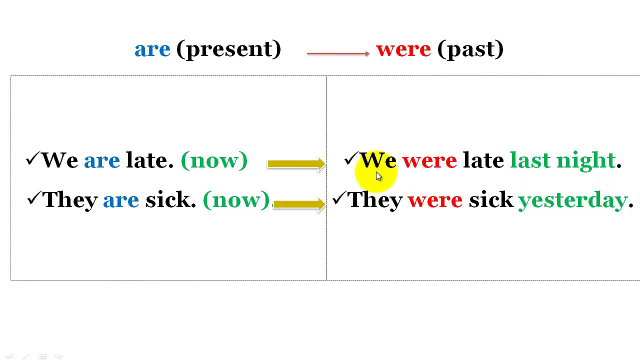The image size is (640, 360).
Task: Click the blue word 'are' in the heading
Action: (x=152, y=49)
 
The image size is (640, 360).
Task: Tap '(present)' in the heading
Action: (x=228, y=49)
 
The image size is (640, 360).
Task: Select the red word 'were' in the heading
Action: (x=403, y=49)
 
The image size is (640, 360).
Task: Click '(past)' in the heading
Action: (x=470, y=49)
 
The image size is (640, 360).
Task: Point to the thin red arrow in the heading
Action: (x=338, y=53)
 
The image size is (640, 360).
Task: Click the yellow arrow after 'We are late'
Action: (x=296, y=163)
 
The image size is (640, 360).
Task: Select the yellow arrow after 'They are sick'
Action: (x=299, y=203)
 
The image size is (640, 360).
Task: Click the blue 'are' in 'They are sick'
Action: (x=121, y=200)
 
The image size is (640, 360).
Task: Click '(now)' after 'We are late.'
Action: (x=214, y=160)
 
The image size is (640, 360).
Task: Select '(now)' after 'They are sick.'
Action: (x=236, y=200)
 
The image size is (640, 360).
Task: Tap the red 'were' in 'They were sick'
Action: (x=435, y=200)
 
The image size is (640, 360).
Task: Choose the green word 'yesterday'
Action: (x=573, y=200)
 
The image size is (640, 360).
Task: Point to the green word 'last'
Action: (x=529, y=160)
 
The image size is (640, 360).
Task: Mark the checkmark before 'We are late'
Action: (x=32, y=159)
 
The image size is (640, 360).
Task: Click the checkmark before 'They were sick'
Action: (x=339, y=198)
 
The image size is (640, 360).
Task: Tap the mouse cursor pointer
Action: (x=378, y=176)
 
